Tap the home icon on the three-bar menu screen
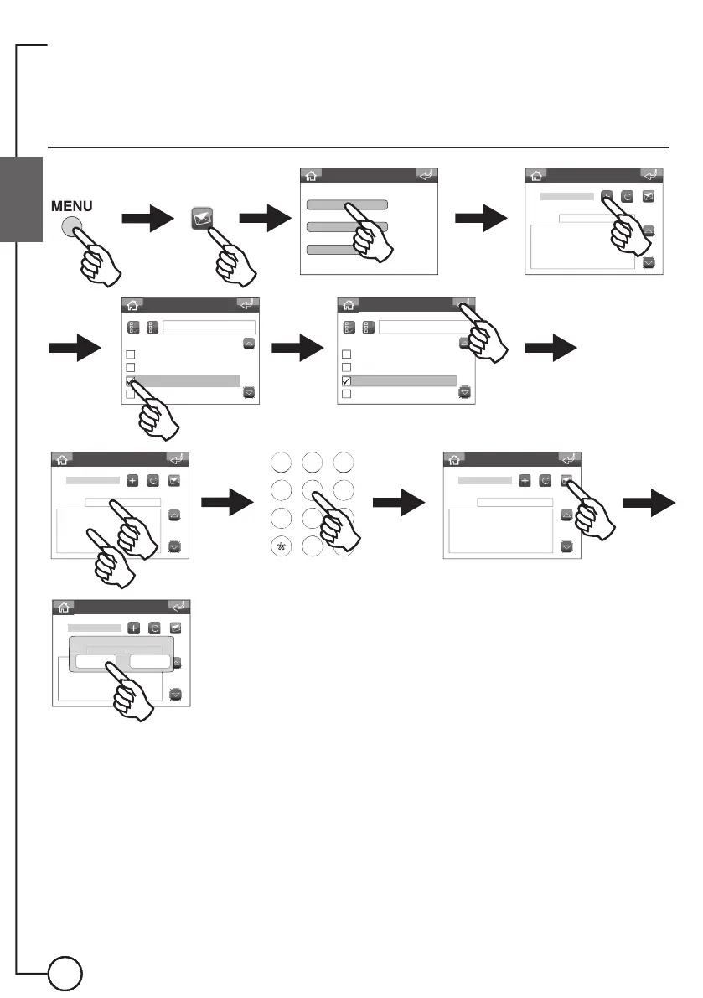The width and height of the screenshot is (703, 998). [x=311, y=175]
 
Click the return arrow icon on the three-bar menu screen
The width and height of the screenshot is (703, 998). [x=426, y=175]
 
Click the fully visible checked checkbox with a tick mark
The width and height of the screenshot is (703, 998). [x=346, y=381]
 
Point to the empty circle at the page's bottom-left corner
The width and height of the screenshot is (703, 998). [x=65, y=974]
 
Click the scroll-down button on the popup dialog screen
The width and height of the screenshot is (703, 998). [x=176, y=694]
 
